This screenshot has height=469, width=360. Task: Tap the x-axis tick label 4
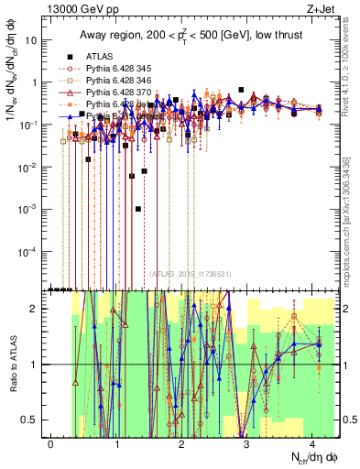click(313, 443)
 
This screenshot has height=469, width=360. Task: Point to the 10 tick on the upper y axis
click(32, 40)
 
